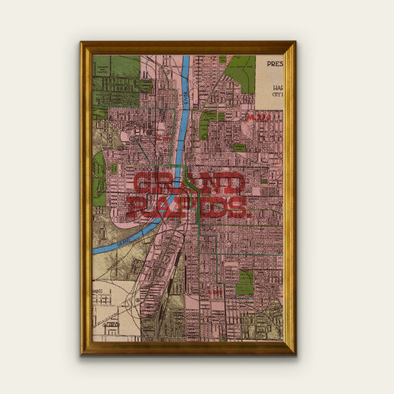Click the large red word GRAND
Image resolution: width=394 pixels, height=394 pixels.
[189, 184]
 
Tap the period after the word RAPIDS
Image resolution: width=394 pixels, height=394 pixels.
[248, 214]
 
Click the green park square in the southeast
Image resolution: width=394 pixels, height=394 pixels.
[245, 283]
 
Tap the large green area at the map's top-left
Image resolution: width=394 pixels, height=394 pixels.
[115, 81]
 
